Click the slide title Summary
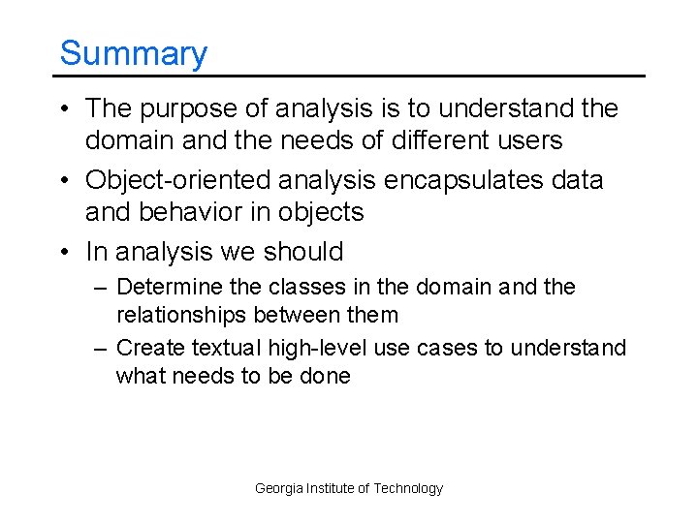[133, 53]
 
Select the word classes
[307, 288]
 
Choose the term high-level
[301, 348]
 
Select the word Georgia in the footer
[278, 489]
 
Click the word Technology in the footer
[408, 489]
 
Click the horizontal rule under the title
[349, 76]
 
